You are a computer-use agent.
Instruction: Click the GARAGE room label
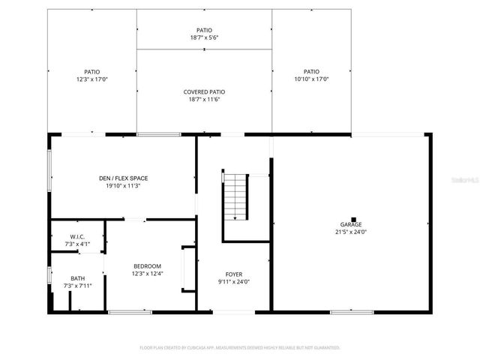[x=351, y=225]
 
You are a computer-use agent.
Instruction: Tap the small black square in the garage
[x=352, y=219]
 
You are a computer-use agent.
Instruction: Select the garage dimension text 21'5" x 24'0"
[x=351, y=232]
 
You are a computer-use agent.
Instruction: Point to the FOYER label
[x=234, y=274]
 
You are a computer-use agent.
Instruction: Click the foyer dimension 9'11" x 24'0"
[x=234, y=281]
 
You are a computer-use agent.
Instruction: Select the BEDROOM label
[x=147, y=266]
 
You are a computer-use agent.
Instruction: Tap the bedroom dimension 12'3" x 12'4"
[x=147, y=273]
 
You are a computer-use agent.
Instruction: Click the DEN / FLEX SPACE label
[x=123, y=178]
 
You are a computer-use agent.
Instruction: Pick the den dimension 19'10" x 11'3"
[x=123, y=185]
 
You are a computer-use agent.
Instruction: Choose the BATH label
[x=78, y=278]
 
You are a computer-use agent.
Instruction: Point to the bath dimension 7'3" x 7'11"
[x=78, y=285]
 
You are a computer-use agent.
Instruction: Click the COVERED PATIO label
[x=204, y=92]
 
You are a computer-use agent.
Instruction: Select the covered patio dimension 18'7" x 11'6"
[x=204, y=99]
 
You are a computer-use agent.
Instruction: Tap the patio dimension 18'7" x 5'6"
[x=204, y=37]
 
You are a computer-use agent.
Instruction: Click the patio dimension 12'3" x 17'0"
[x=91, y=79]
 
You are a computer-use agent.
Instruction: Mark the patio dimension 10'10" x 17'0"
[x=311, y=79]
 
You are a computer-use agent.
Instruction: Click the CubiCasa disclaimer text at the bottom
[x=240, y=348]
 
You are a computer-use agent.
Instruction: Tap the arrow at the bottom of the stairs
[x=235, y=217]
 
